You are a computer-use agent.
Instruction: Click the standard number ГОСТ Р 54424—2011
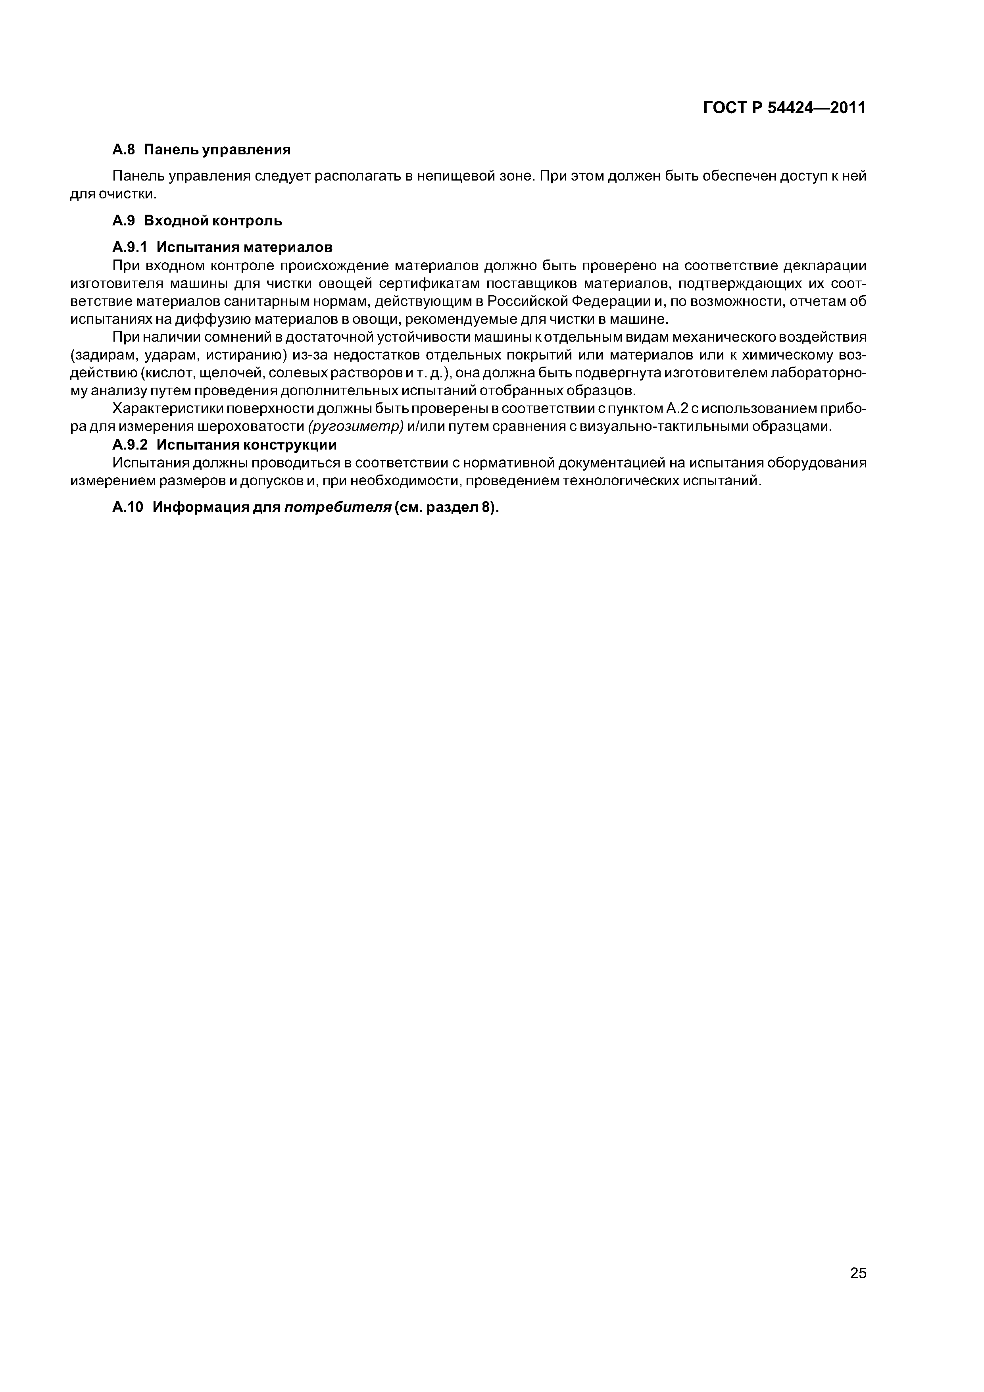pyautogui.click(x=784, y=108)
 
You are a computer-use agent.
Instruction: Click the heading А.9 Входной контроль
pyautogui.click(x=197, y=221)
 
